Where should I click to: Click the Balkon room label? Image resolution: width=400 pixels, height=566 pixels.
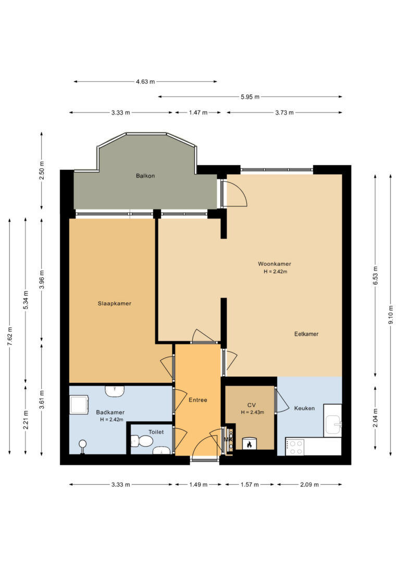tap(145, 176)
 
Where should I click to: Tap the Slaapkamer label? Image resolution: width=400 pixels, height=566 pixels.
tap(115, 303)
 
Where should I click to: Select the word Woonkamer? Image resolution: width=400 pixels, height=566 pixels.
tap(274, 264)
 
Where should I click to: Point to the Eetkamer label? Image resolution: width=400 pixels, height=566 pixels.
tap(306, 334)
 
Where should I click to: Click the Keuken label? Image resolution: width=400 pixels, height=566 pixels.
tap(304, 408)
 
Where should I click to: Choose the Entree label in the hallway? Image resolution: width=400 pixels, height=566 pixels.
tap(198, 400)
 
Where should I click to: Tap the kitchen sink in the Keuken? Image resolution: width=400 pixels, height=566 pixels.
tap(333, 424)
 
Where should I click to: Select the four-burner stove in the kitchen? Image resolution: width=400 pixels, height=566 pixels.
tap(295, 447)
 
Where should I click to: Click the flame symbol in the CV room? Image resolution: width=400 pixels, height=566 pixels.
tap(249, 444)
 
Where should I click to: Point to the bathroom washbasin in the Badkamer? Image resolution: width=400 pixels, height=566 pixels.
tap(115, 391)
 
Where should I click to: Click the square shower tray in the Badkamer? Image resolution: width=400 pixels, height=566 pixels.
tap(79, 404)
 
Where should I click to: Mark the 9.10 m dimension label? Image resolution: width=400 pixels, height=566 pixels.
tap(391, 315)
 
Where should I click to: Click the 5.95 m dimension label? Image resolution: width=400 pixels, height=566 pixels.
tap(250, 97)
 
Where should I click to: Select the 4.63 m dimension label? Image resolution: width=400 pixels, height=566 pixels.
tap(145, 82)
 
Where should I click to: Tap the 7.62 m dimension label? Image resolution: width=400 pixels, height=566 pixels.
tap(10, 337)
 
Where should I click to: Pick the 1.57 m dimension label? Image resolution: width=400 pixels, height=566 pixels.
tap(249, 484)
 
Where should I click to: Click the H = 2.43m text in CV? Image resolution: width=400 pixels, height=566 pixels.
tap(253, 412)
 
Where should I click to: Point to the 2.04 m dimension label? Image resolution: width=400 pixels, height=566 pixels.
tap(376, 418)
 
